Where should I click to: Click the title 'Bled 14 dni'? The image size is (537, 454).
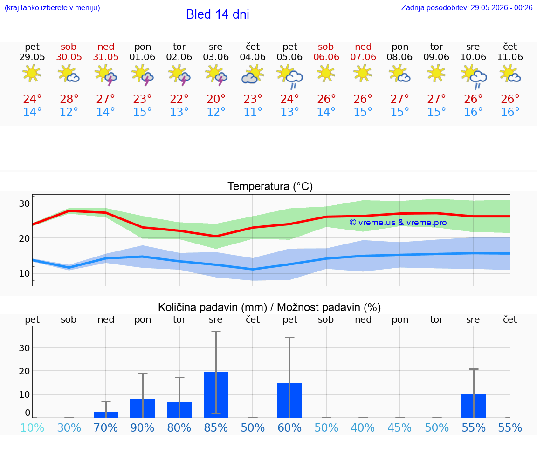pos(218,14)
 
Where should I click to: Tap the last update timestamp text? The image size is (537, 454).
pos(467,7)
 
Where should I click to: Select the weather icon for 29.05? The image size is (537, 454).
pos(32,73)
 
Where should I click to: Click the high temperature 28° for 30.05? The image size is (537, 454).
pos(69,99)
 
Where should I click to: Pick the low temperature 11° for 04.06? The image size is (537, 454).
pos(253,112)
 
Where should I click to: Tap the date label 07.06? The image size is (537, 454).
pos(363,57)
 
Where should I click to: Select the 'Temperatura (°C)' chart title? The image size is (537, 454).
pos(270,186)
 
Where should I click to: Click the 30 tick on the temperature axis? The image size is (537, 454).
pos(24,203)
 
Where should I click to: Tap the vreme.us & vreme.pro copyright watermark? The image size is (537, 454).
pos(398,223)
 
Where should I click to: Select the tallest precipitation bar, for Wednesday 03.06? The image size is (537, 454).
pos(216,395)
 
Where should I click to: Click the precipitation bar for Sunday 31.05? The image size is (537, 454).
pos(106,415)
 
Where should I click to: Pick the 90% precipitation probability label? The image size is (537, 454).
pos(143,427)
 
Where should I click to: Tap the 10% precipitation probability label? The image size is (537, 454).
pos(32,427)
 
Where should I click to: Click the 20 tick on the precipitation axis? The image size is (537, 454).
pos(24,371)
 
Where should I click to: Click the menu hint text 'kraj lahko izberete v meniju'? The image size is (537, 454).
pos(52,7)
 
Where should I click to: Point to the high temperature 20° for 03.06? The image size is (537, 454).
pos(216,99)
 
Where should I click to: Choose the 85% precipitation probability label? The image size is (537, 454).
pos(216,427)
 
